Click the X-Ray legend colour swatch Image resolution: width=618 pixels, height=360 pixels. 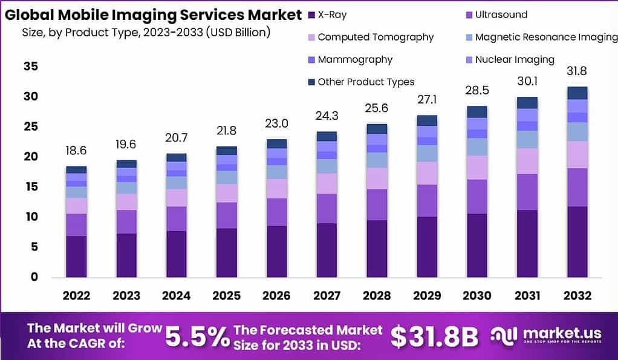coord(311,15)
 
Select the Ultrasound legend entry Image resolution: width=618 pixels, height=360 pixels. coord(501,15)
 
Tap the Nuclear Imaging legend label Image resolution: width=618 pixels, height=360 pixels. coord(515,59)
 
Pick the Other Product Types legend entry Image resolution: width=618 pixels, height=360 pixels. coord(366,82)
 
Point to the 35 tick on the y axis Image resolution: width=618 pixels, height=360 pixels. coord(31,67)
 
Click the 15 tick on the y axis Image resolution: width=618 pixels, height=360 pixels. coord(31,187)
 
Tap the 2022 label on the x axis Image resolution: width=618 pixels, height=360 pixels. coord(76,295)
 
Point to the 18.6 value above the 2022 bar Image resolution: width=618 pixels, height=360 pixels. coord(76,151)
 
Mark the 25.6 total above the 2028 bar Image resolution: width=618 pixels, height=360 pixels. coord(376,108)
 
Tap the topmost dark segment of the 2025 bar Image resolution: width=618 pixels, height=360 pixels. coord(226,150)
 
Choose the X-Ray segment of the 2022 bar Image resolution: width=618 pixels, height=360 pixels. coord(76,257)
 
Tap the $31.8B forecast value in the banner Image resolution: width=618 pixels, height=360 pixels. coord(434,338)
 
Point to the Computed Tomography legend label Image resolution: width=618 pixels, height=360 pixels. coord(376,37)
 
